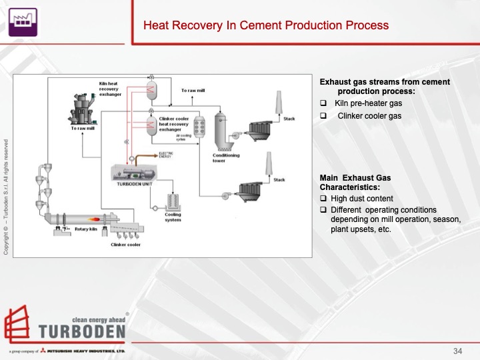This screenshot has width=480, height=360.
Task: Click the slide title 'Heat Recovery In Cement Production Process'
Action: (266, 26)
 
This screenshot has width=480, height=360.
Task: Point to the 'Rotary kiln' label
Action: (87, 229)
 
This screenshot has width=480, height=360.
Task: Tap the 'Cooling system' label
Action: (173, 217)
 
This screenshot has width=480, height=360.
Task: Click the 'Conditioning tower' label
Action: (226, 158)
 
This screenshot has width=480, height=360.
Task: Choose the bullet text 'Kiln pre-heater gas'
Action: (368, 103)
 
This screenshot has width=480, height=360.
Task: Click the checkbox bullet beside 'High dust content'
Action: (323, 199)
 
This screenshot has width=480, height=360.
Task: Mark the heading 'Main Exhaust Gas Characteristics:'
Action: (355, 183)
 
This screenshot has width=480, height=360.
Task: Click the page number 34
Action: (457, 351)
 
